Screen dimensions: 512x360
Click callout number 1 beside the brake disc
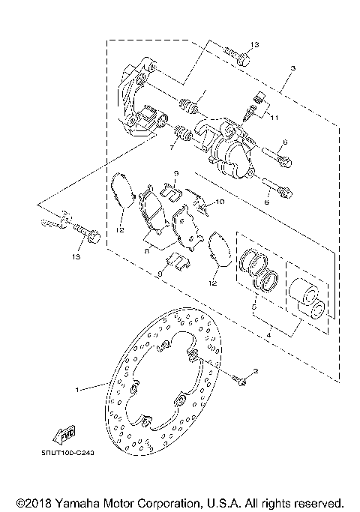(78, 389)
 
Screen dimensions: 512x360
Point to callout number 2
(255, 371)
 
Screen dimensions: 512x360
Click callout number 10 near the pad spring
(220, 202)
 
